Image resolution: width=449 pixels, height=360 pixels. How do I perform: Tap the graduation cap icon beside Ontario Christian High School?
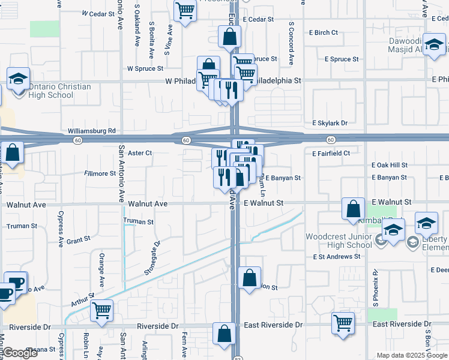click(19, 79)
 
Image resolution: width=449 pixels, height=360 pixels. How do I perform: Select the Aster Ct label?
click(140, 153)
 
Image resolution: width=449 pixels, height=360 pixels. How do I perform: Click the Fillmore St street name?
click(100, 173)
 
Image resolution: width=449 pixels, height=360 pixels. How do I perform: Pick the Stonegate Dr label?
click(151, 258)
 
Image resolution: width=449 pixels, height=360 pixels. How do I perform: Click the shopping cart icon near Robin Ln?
click(102, 311)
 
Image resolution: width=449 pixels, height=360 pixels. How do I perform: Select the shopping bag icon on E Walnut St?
click(354, 209)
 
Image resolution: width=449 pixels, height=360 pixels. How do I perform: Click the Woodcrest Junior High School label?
click(339, 241)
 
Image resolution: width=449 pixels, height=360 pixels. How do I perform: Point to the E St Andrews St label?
click(337, 256)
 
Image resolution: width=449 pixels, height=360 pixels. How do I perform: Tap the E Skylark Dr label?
click(330, 123)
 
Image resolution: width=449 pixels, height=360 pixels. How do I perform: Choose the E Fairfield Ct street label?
click(331, 154)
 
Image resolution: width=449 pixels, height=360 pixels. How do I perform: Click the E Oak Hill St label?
click(390, 165)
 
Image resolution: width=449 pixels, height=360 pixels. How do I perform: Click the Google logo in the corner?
click(20, 353)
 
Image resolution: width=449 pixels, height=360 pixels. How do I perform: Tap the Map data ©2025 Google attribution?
click(412, 355)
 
